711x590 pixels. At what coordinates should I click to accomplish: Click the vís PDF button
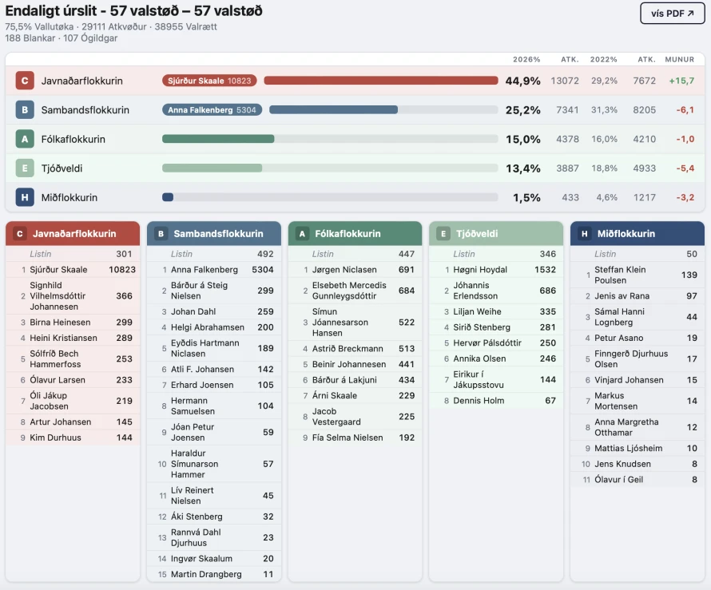pos(672,14)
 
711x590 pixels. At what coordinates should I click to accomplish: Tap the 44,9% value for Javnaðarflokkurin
pos(522,81)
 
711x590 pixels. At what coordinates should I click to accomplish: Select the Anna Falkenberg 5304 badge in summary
pos(212,110)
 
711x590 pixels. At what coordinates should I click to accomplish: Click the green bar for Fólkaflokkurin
pos(218,139)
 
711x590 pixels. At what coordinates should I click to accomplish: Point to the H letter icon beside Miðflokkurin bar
pos(25,197)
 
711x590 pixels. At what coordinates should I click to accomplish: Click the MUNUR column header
pos(679,60)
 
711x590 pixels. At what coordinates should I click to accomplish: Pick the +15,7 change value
pos(681,81)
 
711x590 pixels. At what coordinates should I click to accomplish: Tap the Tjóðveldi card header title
pos(479,234)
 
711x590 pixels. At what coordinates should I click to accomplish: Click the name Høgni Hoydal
pos(480,270)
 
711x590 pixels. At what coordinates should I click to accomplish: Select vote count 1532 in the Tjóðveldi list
pos(545,270)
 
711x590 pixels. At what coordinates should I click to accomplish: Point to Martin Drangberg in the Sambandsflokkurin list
pos(206,574)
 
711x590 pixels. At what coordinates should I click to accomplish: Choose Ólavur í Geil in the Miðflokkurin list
pos(618,480)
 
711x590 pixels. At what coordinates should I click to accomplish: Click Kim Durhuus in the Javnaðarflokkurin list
pos(55,438)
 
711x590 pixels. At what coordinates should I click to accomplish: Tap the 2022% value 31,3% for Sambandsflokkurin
pos(604,110)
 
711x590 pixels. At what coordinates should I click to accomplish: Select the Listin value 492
pos(265,254)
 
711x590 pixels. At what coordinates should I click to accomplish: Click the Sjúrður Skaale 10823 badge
pos(209,81)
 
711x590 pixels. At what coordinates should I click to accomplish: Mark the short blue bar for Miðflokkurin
pos(168,197)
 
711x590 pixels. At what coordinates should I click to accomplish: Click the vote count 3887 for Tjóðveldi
pos(567,168)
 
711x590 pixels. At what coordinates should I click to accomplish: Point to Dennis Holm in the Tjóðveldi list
pos(479,401)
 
